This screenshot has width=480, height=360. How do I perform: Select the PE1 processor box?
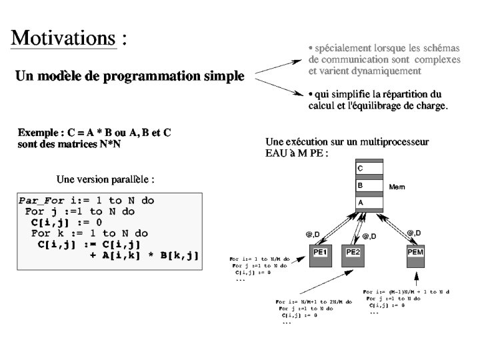tap(321, 253)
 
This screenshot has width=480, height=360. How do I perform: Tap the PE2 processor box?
tap(353, 253)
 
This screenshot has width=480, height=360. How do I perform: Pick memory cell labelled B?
tap(370, 186)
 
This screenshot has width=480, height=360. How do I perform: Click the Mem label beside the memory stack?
tap(397, 187)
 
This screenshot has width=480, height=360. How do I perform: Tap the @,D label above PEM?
tap(414, 232)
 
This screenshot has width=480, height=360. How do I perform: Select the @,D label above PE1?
tap(313, 234)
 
